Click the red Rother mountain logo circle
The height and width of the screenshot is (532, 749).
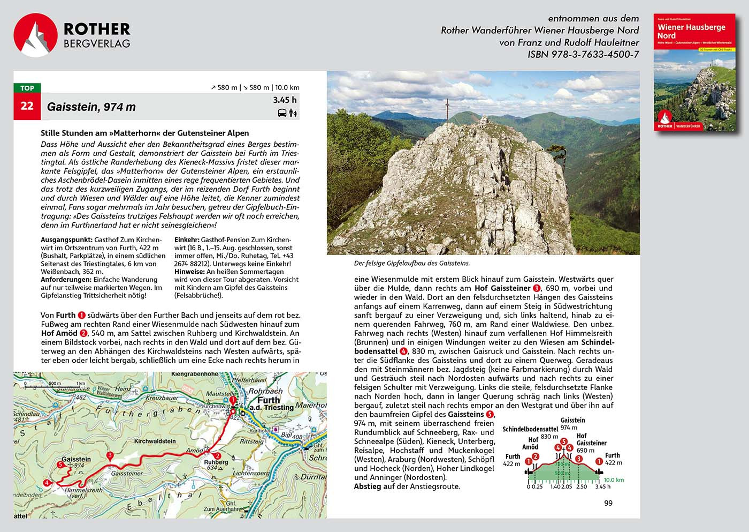35,35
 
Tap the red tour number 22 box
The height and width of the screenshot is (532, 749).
27,106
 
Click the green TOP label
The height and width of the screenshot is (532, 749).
27,88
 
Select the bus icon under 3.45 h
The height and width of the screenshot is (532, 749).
281,113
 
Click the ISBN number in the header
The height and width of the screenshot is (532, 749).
583,54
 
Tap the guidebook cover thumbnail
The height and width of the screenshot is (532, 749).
694,73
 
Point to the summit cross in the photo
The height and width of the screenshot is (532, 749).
446,111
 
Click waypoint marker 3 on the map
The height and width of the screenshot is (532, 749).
110,456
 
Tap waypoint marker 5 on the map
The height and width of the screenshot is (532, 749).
61,464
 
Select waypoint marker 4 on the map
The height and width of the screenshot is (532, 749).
48,483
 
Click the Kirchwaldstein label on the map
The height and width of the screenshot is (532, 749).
155,441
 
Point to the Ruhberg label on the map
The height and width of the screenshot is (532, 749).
216,462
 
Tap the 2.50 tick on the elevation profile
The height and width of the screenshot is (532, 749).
581,486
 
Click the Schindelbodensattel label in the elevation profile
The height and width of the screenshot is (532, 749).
530,430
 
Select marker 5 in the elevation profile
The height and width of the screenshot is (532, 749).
563,442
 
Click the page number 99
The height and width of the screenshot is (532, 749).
608,503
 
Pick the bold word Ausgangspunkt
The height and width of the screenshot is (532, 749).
66,240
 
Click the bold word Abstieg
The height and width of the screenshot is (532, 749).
367,486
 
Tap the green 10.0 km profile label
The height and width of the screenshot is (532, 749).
613,480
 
